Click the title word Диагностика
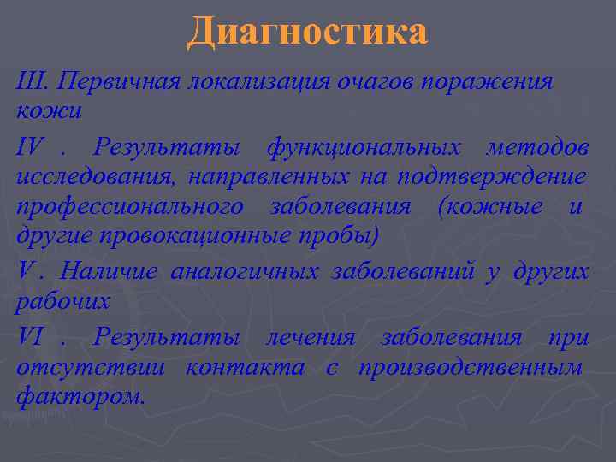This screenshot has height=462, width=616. pos(307,32)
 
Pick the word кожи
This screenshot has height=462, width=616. pos(48,112)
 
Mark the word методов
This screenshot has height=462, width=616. pos(537,148)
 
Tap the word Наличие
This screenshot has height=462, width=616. pos(109,272)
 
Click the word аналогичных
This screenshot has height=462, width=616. pos(245,272)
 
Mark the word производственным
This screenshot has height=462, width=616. pos(471,367)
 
